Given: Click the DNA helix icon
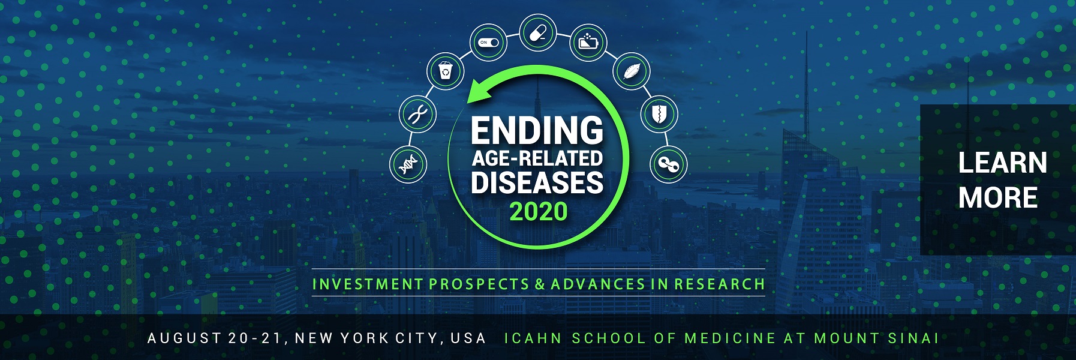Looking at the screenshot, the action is pyautogui.click(x=408, y=164).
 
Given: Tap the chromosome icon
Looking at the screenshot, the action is pyautogui.click(x=417, y=113).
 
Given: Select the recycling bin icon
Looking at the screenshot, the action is pyautogui.click(x=445, y=71).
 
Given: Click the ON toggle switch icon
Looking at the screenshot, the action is pyautogui.click(x=488, y=43).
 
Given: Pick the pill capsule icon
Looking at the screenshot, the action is pyautogui.click(x=538, y=32).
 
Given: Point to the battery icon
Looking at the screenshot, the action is pyautogui.click(x=588, y=43).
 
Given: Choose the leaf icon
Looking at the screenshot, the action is pyautogui.click(x=631, y=71).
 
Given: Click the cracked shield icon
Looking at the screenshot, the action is pyautogui.click(x=659, y=113).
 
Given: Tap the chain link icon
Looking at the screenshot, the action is pyautogui.click(x=668, y=164).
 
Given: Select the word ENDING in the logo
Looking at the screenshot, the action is pyautogui.click(x=537, y=131).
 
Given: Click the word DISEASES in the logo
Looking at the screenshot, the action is pyautogui.click(x=537, y=183).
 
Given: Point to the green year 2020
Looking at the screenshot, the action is pyautogui.click(x=539, y=211).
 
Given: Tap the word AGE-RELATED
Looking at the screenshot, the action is pyautogui.click(x=537, y=158).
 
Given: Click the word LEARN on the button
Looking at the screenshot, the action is pyautogui.click(x=1003, y=163).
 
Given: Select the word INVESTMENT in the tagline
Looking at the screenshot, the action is pyautogui.click(x=368, y=284).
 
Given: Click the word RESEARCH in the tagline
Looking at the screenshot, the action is pyautogui.click(x=719, y=284).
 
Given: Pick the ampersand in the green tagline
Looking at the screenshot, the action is pyautogui.click(x=540, y=284).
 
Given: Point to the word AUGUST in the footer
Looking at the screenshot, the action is pyautogui.click(x=184, y=338).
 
